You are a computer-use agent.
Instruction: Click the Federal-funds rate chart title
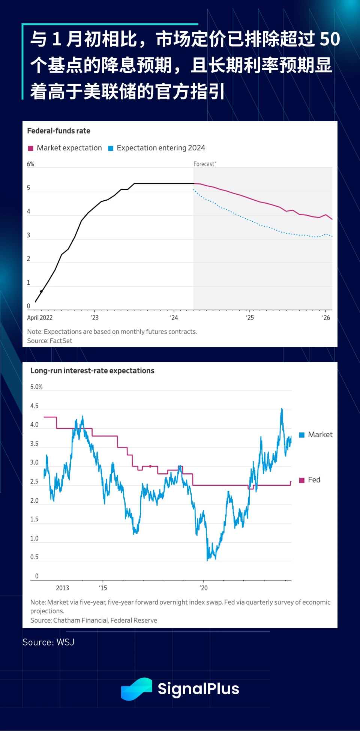tap(58, 131)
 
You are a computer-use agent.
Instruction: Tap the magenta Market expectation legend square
tap(31, 148)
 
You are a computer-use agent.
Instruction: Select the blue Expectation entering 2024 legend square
tap(111, 148)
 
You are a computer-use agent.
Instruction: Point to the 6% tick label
tap(30, 164)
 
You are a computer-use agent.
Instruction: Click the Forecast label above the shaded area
tap(204, 164)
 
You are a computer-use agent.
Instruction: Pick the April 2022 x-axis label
tap(40, 318)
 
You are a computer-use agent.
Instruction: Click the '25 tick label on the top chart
tap(250, 318)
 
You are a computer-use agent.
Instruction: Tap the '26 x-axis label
tap(326, 318)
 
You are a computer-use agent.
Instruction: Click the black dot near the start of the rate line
tap(41, 291)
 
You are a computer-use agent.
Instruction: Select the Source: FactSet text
tap(49, 341)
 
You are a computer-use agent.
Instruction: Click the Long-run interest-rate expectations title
tap(92, 371)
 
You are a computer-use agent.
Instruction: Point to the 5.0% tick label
tap(36, 387)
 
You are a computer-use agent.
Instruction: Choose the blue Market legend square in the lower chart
tap(302, 435)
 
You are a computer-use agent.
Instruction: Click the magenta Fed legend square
tap(302, 480)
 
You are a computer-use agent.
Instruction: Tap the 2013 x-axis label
tap(63, 588)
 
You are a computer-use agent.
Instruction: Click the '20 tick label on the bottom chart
tap(203, 588)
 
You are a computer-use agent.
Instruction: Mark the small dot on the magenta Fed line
tap(150, 466)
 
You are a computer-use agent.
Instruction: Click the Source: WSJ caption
tap(48, 642)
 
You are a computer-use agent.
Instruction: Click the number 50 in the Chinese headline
tap(330, 39)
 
